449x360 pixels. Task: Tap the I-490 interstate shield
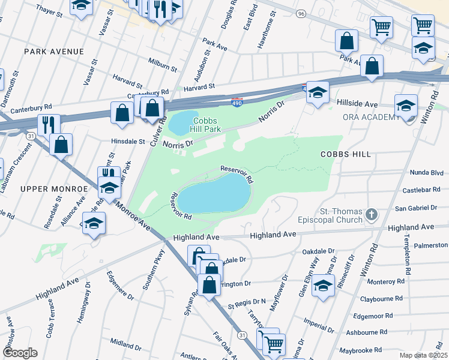click(x=237, y=103)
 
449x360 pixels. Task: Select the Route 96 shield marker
click(x=301, y=14)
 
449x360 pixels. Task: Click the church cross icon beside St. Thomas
click(x=372, y=214)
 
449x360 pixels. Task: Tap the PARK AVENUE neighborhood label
click(x=54, y=52)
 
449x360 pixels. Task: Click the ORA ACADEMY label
click(x=371, y=116)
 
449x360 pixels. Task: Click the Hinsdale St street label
click(x=128, y=142)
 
